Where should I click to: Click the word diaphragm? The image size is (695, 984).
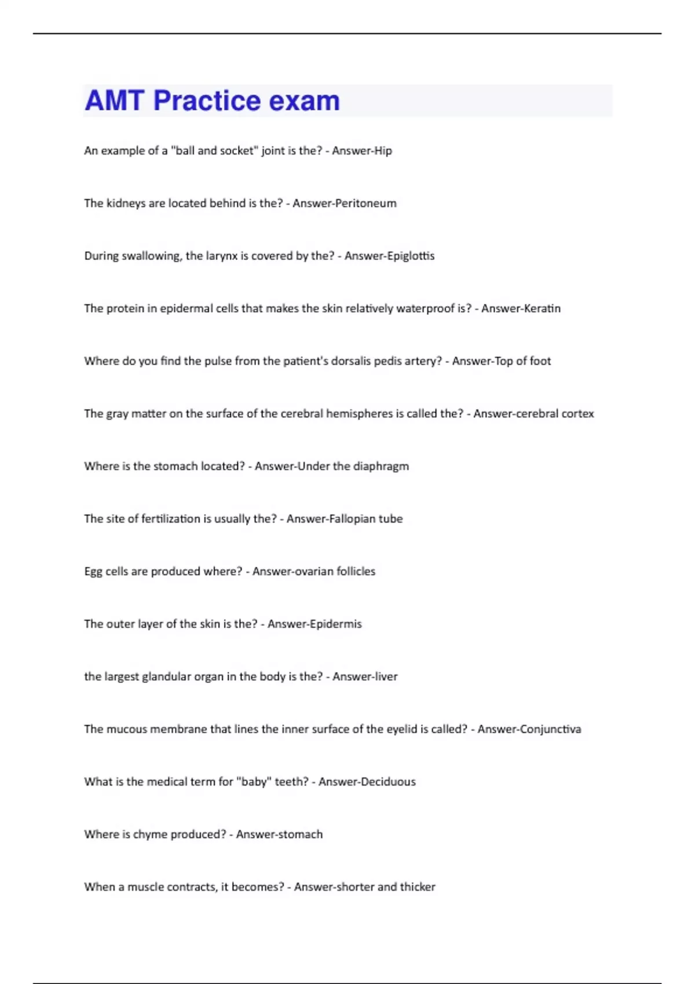[381, 467]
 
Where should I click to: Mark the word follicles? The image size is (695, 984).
[356, 571]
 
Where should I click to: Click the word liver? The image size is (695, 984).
[385, 677]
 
